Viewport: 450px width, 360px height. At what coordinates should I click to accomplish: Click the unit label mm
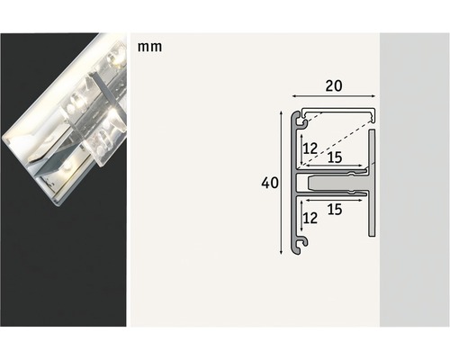tap(150, 45)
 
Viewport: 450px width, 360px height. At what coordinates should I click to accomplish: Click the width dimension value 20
tap(334, 87)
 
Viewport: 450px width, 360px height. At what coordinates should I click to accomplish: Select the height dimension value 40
tap(268, 183)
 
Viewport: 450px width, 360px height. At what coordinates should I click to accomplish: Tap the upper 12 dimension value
tap(310, 147)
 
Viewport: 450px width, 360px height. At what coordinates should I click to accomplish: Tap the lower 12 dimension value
tap(310, 217)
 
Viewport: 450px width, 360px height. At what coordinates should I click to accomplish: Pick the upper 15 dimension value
tap(334, 157)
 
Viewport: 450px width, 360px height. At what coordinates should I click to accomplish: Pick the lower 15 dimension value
tap(334, 210)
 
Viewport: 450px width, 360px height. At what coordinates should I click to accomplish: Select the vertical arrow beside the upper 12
tap(300, 148)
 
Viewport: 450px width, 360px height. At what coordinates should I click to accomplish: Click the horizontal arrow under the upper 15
tap(332, 167)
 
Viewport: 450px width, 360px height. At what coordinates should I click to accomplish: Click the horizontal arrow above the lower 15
tap(332, 197)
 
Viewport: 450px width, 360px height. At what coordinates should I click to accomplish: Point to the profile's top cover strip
tap(337, 112)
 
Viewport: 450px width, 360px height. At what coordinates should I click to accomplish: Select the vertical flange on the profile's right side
tap(371, 184)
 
